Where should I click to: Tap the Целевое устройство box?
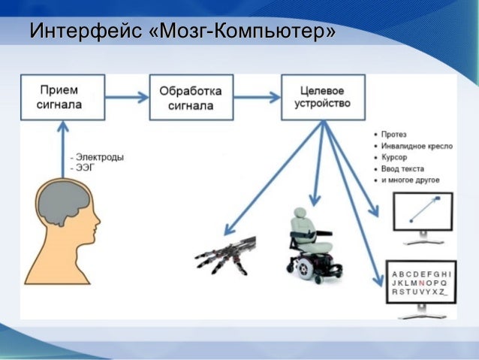point(323,96)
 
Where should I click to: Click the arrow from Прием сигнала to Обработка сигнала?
point(125,97)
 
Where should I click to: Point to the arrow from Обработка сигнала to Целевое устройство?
point(258,97)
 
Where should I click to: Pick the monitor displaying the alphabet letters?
point(421,283)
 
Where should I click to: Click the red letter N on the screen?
point(423,283)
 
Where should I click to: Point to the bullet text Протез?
point(393,135)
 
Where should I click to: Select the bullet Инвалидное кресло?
point(416,147)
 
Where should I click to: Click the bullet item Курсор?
point(393,158)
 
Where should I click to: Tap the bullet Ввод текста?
point(402,169)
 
